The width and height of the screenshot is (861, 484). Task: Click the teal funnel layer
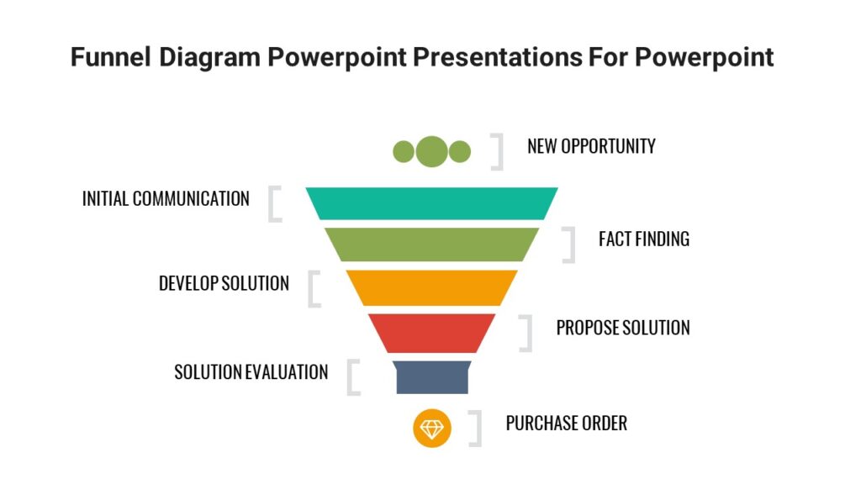click(x=431, y=203)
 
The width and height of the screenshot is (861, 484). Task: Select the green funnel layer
click(x=431, y=244)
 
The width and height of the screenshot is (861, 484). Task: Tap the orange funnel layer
click(x=431, y=287)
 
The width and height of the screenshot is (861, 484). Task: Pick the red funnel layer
click(x=431, y=332)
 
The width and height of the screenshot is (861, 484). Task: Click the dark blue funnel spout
click(x=432, y=376)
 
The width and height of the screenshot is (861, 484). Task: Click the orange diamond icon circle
click(x=432, y=428)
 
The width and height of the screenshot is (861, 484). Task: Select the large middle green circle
click(x=432, y=151)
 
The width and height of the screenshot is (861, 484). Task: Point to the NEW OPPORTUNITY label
click(x=591, y=146)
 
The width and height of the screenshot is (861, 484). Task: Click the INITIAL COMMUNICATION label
click(x=166, y=199)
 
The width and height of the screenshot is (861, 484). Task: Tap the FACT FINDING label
click(x=643, y=239)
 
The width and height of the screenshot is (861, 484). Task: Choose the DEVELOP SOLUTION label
click(x=224, y=284)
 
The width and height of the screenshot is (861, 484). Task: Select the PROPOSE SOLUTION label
click(x=622, y=328)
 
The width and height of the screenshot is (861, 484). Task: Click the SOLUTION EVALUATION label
click(x=251, y=371)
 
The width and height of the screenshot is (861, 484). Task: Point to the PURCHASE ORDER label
click(x=566, y=423)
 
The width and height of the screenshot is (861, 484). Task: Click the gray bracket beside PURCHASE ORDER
click(x=476, y=428)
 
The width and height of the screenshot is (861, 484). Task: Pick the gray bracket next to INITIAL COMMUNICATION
click(x=274, y=204)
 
